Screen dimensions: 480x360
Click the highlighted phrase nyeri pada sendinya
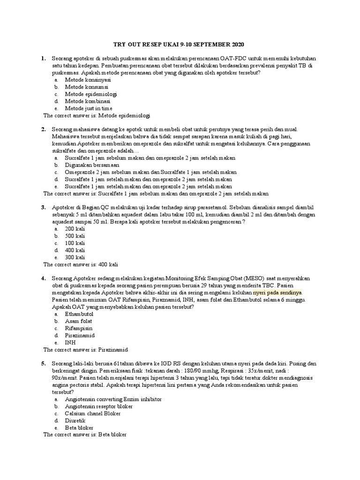click(277, 292)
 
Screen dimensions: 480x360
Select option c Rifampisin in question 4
click(79, 328)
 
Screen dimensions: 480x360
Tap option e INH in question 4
click(70, 342)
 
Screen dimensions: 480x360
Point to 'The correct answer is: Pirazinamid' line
click(86, 350)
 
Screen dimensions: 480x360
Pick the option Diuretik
click(75, 420)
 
